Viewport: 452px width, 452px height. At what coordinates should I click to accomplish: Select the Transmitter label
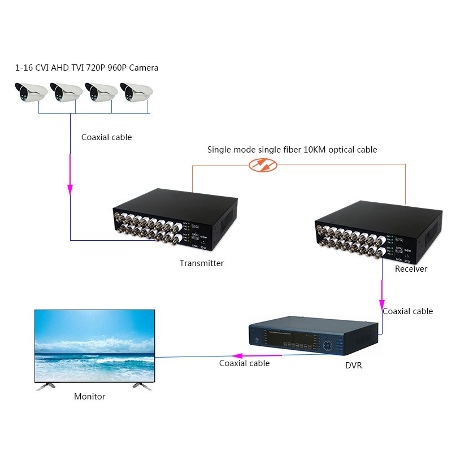pos(202,263)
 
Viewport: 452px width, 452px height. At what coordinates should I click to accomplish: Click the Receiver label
pos(411,269)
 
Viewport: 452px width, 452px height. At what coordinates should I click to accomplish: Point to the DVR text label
pos(353,366)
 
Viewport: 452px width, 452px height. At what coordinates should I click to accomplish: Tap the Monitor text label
pos(89,397)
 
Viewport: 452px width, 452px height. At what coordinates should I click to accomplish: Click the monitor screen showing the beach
pos(94,346)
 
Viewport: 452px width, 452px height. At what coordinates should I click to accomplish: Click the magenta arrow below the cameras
pos(70,186)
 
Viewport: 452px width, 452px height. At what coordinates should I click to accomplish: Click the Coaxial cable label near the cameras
pos(106,137)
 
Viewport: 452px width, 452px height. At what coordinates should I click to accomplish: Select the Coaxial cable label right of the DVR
pos(407,311)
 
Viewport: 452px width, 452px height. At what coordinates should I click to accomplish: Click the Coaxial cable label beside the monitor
pos(244,363)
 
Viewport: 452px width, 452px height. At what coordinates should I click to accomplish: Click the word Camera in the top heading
pos(144,68)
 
